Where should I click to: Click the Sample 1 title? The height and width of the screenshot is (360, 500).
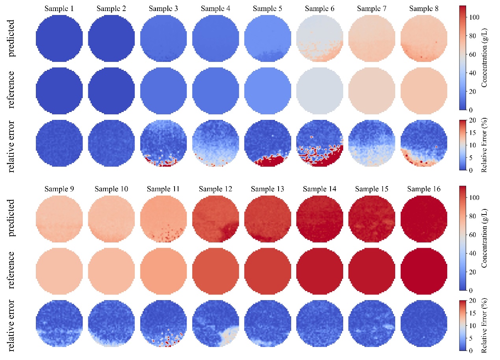click(x=59, y=8)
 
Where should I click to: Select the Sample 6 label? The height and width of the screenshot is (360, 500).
click(x=320, y=8)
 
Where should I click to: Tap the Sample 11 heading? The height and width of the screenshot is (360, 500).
click(x=164, y=189)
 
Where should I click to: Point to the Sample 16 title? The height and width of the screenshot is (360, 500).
click(x=424, y=189)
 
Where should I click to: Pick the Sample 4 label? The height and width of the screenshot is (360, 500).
click(x=216, y=8)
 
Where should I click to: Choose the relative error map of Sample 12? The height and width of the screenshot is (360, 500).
click(x=216, y=324)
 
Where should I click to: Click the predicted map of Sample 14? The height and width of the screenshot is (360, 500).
click(x=320, y=219)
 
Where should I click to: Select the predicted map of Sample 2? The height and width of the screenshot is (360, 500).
click(x=112, y=39)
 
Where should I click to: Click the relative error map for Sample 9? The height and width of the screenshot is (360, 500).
click(x=59, y=324)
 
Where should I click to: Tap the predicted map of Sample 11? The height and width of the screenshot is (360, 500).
click(x=164, y=219)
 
